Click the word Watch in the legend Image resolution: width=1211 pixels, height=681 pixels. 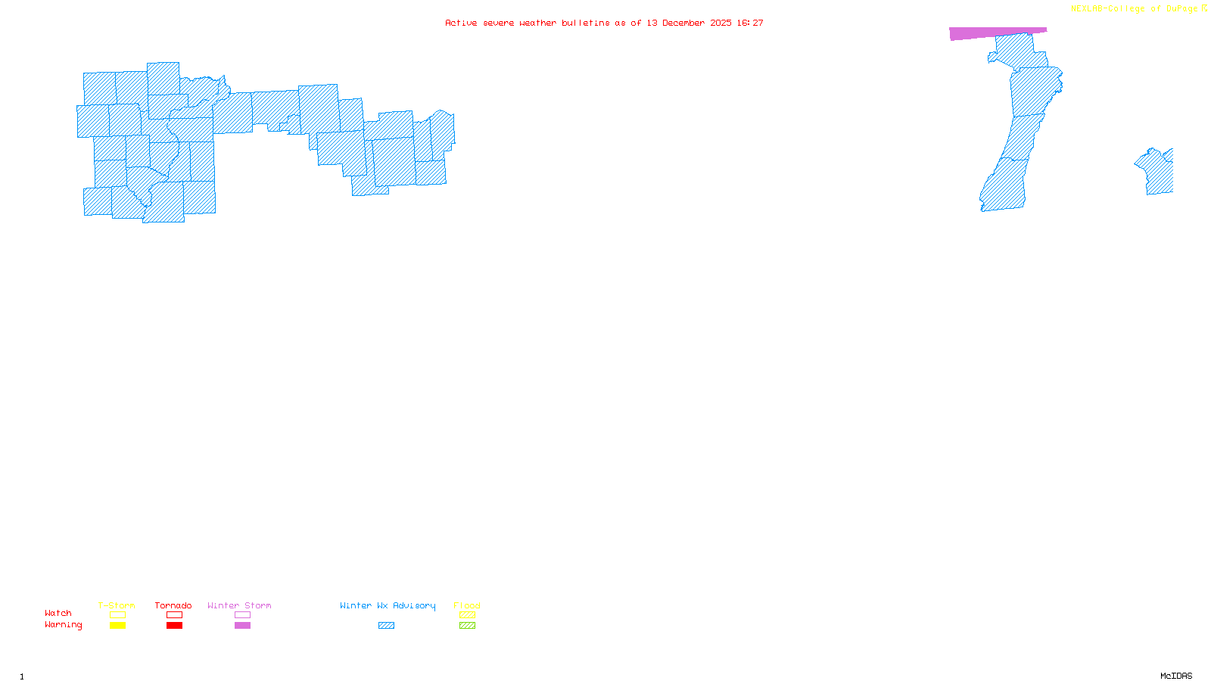(58, 613)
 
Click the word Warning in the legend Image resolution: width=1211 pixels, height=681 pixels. (63, 625)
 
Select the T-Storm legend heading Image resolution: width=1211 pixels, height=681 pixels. (117, 605)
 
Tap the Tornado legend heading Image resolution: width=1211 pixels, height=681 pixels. (173, 605)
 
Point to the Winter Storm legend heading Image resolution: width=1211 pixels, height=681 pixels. (239, 605)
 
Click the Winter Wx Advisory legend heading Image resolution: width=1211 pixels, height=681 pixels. (388, 605)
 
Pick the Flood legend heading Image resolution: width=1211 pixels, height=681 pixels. (467, 605)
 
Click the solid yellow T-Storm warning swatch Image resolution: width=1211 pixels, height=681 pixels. (117, 626)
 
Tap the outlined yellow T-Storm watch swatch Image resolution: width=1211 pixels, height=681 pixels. (117, 615)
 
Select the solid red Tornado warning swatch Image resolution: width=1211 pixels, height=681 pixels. (174, 626)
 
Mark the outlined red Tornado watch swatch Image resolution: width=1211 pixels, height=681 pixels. (174, 615)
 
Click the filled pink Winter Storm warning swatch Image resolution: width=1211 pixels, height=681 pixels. (242, 626)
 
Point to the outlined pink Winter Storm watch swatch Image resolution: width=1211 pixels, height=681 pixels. (242, 615)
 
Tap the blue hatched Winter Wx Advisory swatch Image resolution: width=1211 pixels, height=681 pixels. (386, 626)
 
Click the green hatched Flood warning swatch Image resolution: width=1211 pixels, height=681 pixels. (467, 626)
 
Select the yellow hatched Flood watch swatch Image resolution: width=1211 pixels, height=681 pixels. (467, 615)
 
